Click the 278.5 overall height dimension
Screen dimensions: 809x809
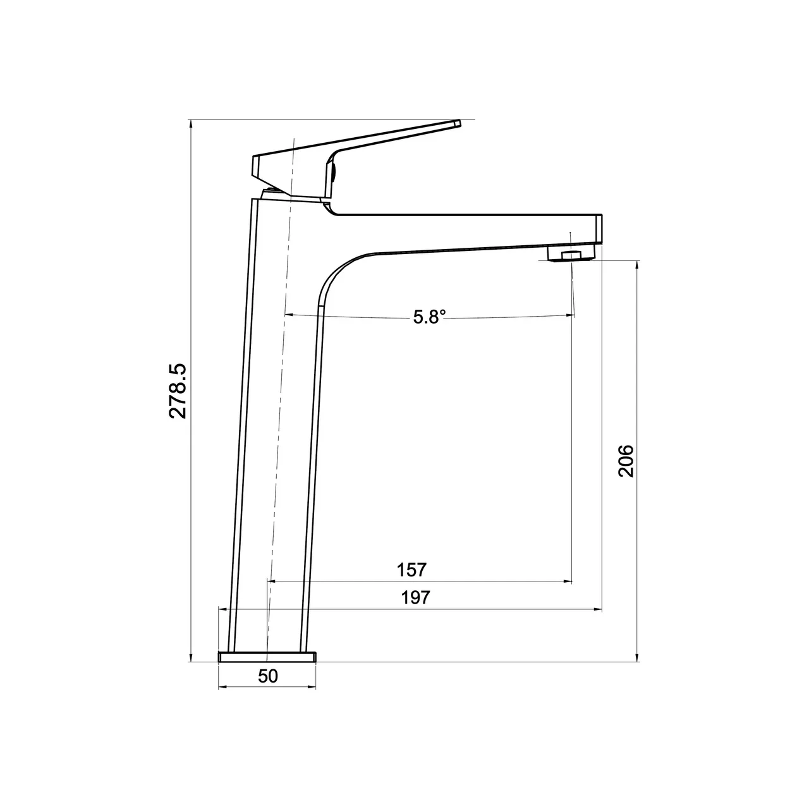click(178, 391)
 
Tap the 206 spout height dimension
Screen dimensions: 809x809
click(625, 461)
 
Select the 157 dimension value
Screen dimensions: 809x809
click(412, 569)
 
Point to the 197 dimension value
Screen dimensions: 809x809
click(415, 597)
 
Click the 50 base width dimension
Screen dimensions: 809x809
click(268, 676)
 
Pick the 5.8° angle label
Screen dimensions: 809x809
click(430, 317)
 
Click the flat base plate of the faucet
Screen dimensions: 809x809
click(267, 657)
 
